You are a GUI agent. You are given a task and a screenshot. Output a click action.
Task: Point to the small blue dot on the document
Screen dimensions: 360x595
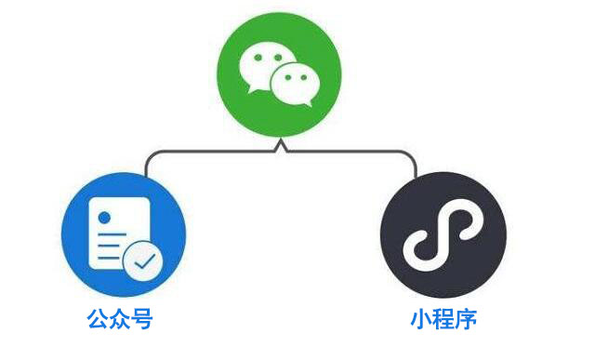point(104,218)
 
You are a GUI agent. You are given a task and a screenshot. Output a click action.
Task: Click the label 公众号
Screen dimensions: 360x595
point(120,321)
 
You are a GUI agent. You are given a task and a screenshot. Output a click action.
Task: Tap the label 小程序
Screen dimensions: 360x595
point(443,321)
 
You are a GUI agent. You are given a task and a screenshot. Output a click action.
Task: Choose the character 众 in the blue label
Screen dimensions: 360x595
point(120,321)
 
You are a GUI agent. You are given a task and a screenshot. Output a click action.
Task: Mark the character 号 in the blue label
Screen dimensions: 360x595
point(141,321)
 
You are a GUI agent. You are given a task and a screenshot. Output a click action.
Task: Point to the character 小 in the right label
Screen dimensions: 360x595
point(421,321)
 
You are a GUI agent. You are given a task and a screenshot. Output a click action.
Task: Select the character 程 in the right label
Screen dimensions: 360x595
point(443,321)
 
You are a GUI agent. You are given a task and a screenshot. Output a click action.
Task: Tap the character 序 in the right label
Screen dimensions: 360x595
point(466,321)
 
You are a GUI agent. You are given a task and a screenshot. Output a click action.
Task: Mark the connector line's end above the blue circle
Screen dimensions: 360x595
point(146,172)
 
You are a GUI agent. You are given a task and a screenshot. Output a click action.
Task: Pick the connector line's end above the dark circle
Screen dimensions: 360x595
point(416,173)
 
